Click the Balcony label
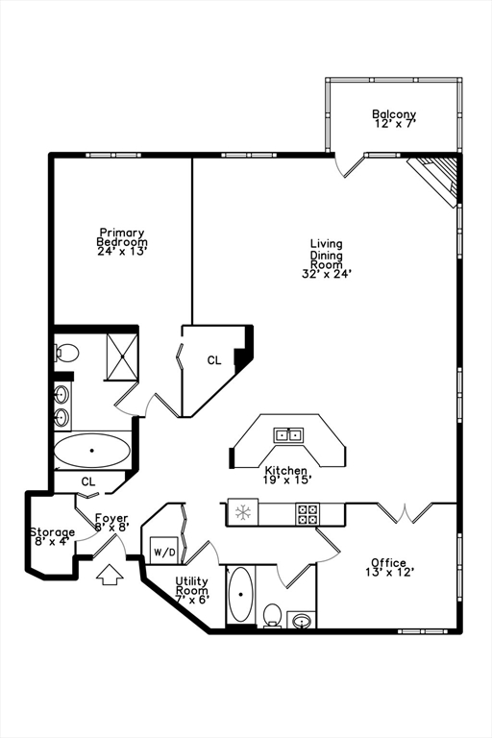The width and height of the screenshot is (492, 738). point(394,115)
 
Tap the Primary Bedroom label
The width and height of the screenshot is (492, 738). point(122,237)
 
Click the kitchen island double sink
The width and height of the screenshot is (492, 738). point(288,434)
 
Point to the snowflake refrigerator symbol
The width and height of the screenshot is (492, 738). point(243,512)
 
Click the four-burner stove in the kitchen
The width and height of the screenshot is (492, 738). point(307,513)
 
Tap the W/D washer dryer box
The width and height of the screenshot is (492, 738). point(162,553)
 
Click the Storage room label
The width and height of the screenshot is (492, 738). point(51,532)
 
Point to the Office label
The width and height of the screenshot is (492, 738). point(388,563)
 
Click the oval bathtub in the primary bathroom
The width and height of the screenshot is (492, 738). point(92,450)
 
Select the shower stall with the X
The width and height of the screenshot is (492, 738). point(117,356)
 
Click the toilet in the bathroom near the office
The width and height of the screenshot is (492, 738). point(272,613)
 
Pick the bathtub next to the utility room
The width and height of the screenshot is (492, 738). point(239,596)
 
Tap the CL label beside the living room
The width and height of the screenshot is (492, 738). point(214,361)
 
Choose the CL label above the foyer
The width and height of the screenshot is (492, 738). point(88,481)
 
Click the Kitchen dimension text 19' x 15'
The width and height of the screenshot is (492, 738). point(286,478)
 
